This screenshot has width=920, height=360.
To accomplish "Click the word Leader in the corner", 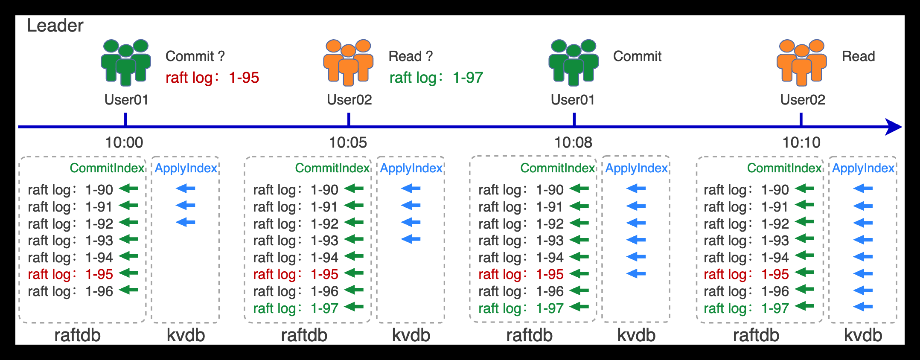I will tap(55, 26).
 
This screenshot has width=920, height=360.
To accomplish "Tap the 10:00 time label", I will tap(124, 142).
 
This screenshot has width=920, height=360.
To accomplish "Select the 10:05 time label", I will tap(348, 142).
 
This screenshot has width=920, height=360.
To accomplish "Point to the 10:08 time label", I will tap(573, 142).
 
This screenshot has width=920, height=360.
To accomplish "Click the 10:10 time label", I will tap(801, 142).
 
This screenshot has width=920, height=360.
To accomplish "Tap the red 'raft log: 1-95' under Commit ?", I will tap(212, 78).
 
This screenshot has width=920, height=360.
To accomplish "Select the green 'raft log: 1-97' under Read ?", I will tap(436, 78).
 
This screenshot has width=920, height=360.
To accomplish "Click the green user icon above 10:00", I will tap(126, 62).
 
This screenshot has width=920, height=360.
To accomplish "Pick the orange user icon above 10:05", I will tap(348, 62).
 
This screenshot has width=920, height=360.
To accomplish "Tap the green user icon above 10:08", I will tap(574, 62).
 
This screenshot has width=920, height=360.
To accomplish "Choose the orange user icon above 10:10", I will tap(801, 62).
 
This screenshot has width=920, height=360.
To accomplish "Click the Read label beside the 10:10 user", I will tap(858, 56).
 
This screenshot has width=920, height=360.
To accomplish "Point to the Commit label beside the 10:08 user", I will tap(637, 56).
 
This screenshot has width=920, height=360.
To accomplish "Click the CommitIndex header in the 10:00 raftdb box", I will tap(107, 168).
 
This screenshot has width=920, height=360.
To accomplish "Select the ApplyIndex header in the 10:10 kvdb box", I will tap(863, 168).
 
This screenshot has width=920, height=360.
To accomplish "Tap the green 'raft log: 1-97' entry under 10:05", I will tap(295, 308).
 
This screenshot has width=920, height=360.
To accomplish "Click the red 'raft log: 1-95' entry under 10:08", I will tap(521, 274).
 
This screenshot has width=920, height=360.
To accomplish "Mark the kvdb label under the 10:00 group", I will tap(186, 335).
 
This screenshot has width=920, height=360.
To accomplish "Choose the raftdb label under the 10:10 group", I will tap(756, 335).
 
